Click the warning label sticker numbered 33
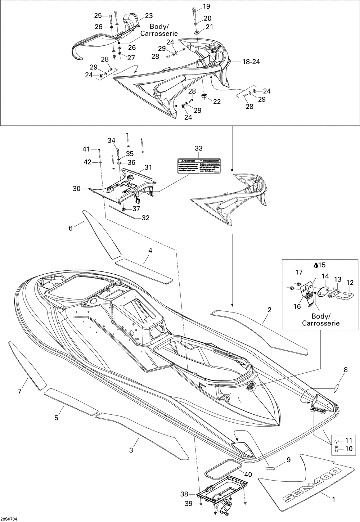199,166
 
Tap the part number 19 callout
206,6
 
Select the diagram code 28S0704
9,519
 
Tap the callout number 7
19,391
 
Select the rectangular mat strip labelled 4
144,271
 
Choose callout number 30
76,189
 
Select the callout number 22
217,102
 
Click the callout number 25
98,15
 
